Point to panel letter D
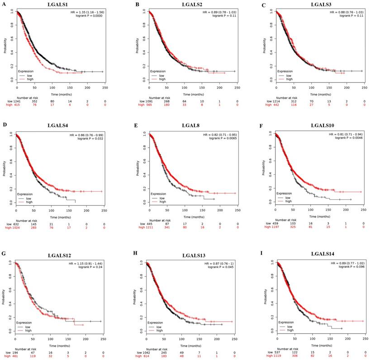[4, 126]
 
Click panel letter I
[270, 256]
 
